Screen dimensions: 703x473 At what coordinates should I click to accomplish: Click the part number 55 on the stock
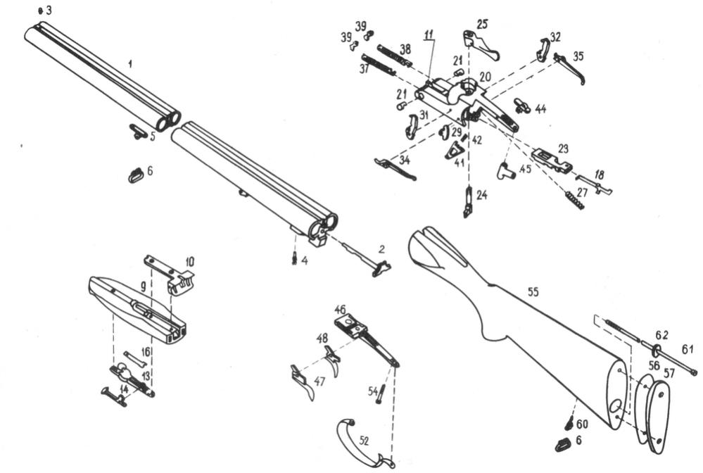click(x=533, y=292)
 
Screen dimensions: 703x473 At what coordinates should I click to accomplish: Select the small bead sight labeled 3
click(x=41, y=11)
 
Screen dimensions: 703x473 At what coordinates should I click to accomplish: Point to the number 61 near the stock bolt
click(x=688, y=349)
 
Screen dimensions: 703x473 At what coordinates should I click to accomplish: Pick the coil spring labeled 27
click(x=574, y=201)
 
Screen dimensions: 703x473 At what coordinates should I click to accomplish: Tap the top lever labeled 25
click(x=480, y=45)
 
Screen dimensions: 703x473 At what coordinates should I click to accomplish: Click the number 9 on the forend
click(x=143, y=287)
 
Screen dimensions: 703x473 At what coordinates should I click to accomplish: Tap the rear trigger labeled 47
click(x=303, y=381)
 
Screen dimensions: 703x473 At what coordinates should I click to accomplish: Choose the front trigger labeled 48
click(x=333, y=359)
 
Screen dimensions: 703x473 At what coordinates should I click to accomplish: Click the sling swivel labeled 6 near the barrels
click(x=136, y=175)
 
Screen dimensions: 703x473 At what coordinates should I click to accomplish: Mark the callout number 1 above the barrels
click(x=130, y=64)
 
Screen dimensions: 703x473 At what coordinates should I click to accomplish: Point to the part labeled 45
click(x=506, y=170)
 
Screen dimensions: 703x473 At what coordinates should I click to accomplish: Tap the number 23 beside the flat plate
click(x=563, y=148)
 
